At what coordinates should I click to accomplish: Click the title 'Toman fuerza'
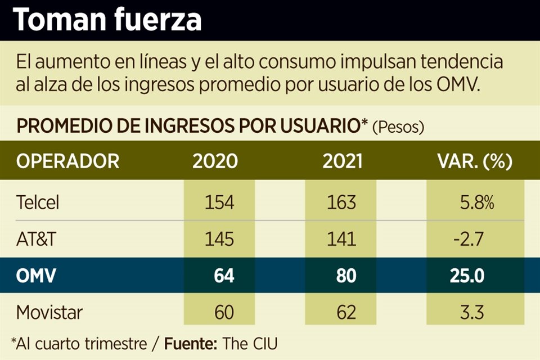(x=107, y=20)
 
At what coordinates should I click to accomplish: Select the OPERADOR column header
(x=67, y=161)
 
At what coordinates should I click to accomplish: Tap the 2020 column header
(x=215, y=161)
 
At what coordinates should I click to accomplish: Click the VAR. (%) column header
(x=475, y=161)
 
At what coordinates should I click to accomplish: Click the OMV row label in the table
(x=35, y=276)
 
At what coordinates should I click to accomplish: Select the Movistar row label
(x=50, y=312)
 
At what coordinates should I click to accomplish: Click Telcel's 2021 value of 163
(x=341, y=202)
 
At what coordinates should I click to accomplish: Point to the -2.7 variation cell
(x=469, y=239)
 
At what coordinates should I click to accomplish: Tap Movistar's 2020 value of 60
(x=224, y=312)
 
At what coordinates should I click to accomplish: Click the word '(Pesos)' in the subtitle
(x=398, y=127)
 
